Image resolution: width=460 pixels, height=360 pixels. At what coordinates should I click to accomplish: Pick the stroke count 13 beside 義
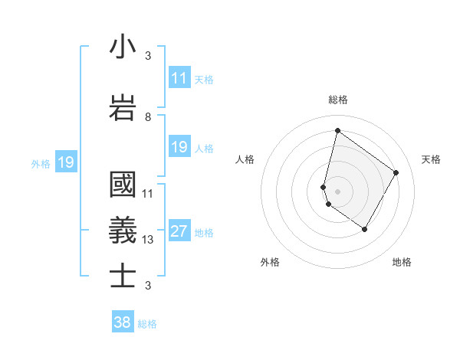pyautogui.click(x=148, y=240)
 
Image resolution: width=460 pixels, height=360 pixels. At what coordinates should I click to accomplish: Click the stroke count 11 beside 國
pyautogui.click(x=148, y=194)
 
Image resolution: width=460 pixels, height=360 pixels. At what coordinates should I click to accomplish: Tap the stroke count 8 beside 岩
pyautogui.click(x=148, y=117)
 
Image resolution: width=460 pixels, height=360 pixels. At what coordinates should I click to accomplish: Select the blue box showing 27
pyautogui.click(x=179, y=231)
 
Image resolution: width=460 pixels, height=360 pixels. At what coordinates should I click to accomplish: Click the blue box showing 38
pyautogui.click(x=123, y=322)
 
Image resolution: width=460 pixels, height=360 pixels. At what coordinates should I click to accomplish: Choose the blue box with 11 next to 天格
pyautogui.click(x=179, y=77)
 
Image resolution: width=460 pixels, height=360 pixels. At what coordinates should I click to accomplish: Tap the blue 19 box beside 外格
pyautogui.click(x=66, y=162)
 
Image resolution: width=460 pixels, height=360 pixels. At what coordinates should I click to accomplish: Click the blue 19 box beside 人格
pyautogui.click(x=179, y=147)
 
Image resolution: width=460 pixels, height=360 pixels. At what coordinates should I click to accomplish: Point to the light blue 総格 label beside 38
pyautogui.click(x=147, y=324)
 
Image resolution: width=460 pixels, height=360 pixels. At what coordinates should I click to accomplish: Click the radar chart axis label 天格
pyautogui.click(x=432, y=159)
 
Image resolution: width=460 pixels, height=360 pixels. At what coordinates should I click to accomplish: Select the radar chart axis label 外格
pyautogui.click(x=270, y=262)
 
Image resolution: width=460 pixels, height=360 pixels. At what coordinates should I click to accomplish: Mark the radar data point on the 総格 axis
pyautogui.click(x=337, y=130)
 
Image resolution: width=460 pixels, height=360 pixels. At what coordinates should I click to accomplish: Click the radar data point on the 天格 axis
pyautogui.click(x=396, y=172)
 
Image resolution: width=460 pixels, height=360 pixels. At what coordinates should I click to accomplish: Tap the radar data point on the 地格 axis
pyautogui.click(x=364, y=229)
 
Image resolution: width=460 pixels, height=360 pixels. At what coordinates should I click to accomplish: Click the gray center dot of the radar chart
pyautogui.click(x=337, y=191)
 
